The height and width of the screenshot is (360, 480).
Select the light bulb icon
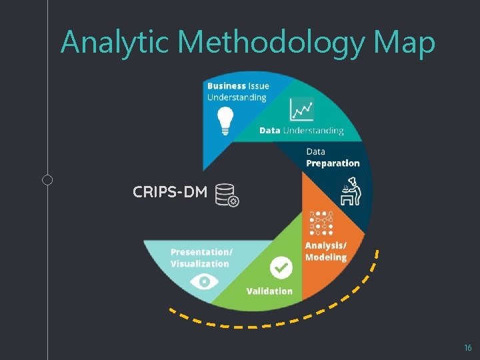tap(225, 121)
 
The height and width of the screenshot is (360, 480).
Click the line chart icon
tap(301, 109)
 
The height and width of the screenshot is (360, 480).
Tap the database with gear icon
tap(227, 195)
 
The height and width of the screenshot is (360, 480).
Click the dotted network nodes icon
tap(321, 223)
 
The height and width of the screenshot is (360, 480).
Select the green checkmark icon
tap(281, 269)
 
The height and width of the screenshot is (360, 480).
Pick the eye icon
tap(204, 282)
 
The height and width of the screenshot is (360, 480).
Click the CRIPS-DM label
tap(170, 193)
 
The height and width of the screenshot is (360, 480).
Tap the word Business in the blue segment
tap(227, 86)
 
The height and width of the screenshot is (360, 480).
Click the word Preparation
tap(333, 163)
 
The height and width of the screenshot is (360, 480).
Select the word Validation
tap(269, 291)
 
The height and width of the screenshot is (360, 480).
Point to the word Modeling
tap(326, 257)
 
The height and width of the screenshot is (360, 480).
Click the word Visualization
tap(199, 264)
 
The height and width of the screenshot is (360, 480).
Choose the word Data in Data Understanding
tap(269, 131)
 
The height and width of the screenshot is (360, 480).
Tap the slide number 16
tap(467, 348)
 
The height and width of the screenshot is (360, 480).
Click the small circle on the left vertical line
tap(47, 179)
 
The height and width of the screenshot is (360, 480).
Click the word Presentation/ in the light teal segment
tap(201, 252)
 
